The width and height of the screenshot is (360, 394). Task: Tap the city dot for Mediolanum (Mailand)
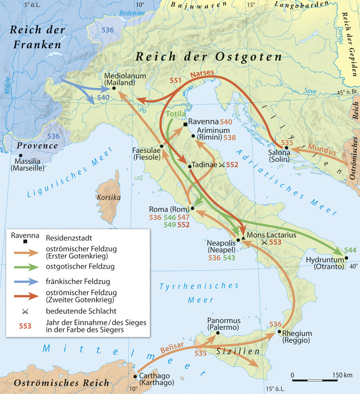[114, 88]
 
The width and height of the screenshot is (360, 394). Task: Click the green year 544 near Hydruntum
[350, 250]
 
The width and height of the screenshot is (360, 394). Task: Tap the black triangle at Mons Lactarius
[243, 237]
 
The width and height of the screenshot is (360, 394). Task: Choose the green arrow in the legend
[26, 267]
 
